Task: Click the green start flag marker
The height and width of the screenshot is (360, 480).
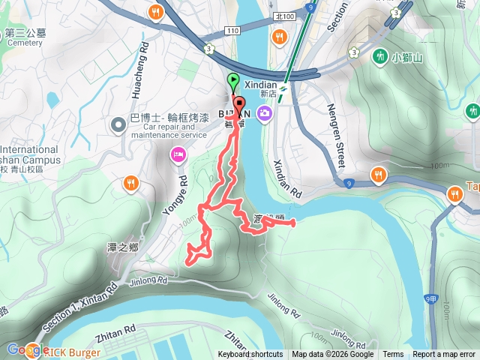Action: pyautogui.click(x=233, y=80)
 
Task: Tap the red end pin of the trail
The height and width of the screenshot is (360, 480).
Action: pyautogui.click(x=239, y=104)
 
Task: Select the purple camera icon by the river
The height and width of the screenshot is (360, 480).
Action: pyautogui.click(x=265, y=113)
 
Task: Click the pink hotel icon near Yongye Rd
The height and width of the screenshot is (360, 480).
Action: pyautogui.click(x=178, y=155)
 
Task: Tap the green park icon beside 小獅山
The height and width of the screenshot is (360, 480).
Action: pyautogui.click(x=382, y=56)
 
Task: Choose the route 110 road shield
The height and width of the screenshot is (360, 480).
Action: pyautogui.click(x=232, y=29)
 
